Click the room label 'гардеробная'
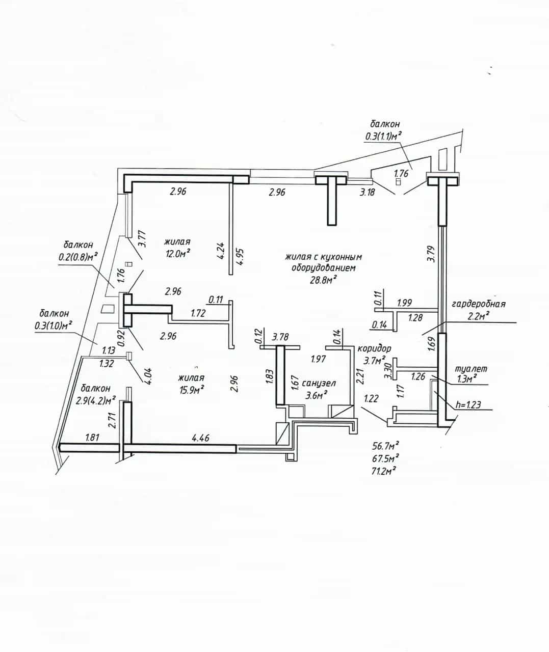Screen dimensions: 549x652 coord(478,304)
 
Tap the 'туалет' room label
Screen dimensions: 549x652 coord(471,369)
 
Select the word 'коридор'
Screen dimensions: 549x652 coord(374,348)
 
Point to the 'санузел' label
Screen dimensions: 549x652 coord(319,383)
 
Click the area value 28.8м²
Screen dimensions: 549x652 coord(323,280)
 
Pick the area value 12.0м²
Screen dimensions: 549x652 coord(178,253)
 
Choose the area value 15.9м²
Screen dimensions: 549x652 coord(192,389)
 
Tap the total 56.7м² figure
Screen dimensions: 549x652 coord(385,446)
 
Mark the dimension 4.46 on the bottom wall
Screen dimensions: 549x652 coord(201,438)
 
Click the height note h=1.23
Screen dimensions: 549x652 coord(468,405)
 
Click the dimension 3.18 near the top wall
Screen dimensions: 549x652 coord(367,192)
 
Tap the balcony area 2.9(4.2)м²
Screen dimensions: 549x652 coord(96,400)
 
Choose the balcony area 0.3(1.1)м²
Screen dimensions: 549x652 coord(383,136)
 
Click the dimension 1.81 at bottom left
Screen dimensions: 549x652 coord(92,438)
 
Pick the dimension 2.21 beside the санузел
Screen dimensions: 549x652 coord(360,376)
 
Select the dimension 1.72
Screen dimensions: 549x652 coord(198,313)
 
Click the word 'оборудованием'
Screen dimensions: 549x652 coord(323,268)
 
